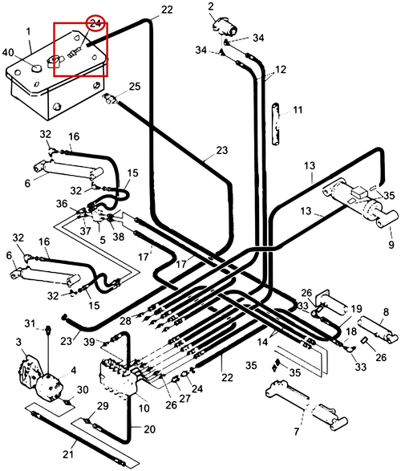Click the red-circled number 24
(95, 23)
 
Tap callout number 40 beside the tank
(8, 53)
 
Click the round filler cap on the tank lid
(37, 69)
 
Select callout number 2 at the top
(211, 6)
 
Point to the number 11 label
(298, 110)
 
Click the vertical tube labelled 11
(276, 124)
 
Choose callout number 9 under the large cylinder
(391, 244)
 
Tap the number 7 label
(297, 432)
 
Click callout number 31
(30, 323)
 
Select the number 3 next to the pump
(19, 342)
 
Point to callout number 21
(68, 453)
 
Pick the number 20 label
(149, 429)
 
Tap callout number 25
(135, 87)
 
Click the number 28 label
(125, 321)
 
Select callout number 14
(262, 342)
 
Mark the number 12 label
(281, 70)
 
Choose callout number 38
(119, 237)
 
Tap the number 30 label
(83, 390)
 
